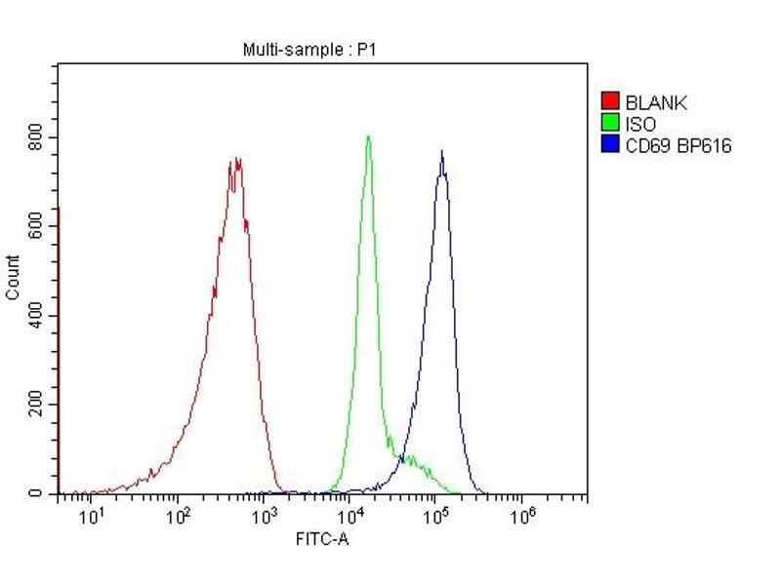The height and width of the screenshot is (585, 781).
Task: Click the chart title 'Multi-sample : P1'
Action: click(308, 50)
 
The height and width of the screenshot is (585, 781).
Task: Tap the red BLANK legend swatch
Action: click(610, 101)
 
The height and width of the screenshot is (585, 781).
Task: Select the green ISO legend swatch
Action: click(610, 124)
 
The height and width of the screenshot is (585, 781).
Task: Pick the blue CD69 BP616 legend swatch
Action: click(610, 146)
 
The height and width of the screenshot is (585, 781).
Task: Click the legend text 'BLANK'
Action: click(656, 102)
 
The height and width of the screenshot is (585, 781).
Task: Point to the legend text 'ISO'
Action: click(640, 125)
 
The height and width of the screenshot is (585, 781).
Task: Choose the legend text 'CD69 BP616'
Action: click(678, 147)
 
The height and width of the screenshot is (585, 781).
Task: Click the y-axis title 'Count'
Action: click(13, 277)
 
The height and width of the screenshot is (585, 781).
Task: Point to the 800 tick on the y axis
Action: click(36, 136)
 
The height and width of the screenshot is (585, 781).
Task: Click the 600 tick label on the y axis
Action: click(36, 226)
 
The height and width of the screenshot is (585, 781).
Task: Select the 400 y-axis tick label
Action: click(36, 316)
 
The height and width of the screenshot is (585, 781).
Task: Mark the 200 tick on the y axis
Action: click(36, 405)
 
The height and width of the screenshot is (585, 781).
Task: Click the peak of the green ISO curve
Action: click(368, 136)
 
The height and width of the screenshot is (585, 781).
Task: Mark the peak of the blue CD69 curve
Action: click(441, 151)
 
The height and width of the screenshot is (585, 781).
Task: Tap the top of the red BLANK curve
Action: click(235, 160)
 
